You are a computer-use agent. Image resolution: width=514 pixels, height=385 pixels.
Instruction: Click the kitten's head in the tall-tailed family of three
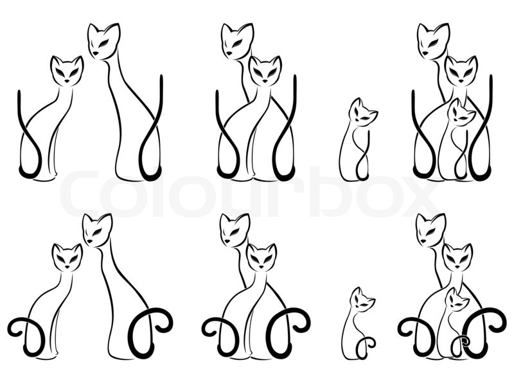point(462,114)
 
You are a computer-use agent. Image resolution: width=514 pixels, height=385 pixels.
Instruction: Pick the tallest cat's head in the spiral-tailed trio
point(430,230)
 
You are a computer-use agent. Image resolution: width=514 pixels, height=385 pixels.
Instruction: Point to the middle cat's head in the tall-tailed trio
point(461,71)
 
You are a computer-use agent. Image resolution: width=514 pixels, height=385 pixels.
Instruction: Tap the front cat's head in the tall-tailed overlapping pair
point(264,71)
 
